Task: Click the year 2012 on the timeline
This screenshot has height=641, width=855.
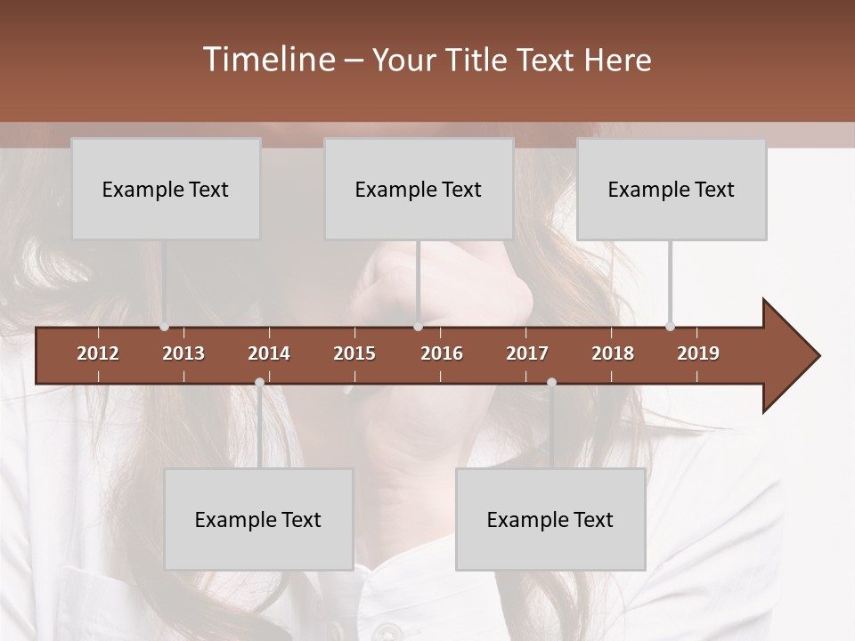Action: tap(98, 353)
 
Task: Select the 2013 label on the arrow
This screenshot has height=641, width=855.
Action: tap(183, 353)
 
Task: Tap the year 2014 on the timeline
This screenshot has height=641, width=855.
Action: tap(269, 353)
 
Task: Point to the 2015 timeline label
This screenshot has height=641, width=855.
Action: tap(354, 353)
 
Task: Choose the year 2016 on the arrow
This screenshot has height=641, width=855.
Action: tap(442, 353)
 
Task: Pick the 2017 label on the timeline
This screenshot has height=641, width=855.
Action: tap(527, 353)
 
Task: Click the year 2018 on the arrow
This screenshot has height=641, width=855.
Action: tap(613, 353)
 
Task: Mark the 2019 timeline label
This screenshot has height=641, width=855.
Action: tap(698, 353)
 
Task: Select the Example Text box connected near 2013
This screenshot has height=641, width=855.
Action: tap(166, 189)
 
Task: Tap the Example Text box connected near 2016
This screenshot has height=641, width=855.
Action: tap(419, 189)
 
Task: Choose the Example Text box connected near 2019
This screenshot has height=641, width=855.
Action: tap(672, 189)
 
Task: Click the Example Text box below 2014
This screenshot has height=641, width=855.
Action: tap(258, 519)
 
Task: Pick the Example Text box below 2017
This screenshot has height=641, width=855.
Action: tap(550, 519)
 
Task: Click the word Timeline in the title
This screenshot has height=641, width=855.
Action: tap(267, 60)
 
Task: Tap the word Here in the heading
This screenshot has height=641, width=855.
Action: tap(617, 60)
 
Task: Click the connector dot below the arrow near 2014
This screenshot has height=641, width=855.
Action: tap(259, 382)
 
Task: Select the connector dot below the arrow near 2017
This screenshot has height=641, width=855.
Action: tap(551, 382)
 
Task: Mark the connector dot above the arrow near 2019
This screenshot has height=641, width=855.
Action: tap(670, 326)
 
